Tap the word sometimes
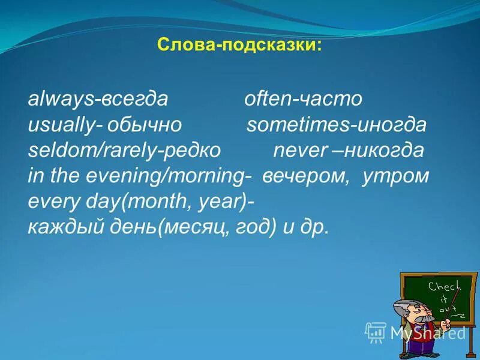(298, 125)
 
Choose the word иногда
(391, 125)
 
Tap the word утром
(395, 176)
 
